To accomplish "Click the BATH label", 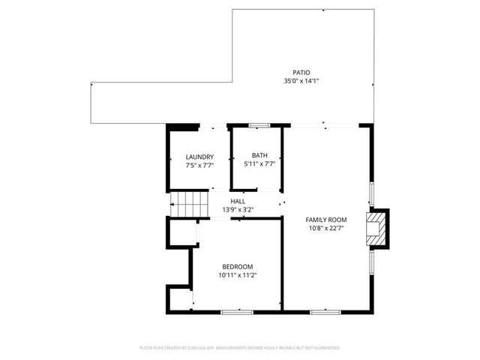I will pos(259,155).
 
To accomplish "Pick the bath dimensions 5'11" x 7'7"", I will pos(259,163).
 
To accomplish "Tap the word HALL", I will pos(238,202).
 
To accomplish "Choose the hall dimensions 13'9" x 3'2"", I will pos(238,210).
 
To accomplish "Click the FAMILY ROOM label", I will pos(325,220).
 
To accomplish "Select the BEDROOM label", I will pos(237,267).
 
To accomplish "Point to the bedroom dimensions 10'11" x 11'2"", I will pos(237,275).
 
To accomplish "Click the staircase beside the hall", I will pos(188,204).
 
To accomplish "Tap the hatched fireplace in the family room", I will pos(375,228).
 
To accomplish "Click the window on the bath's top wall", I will pos(259,124).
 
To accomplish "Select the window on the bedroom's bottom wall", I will pos(235,310).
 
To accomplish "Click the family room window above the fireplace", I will pos(370,192).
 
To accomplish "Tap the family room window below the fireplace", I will pos(370,263).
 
